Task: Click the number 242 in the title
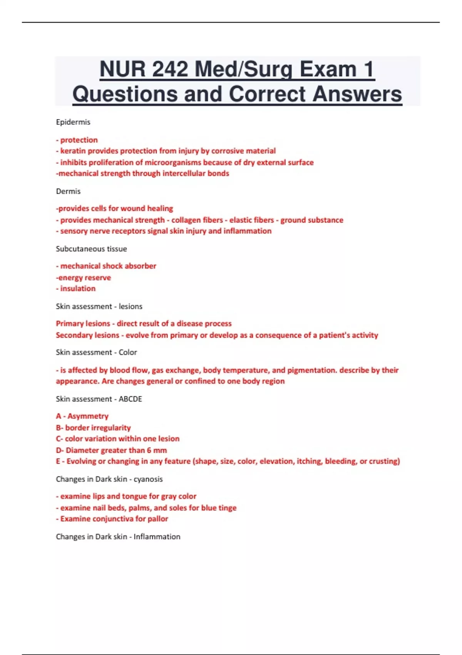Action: coord(170,70)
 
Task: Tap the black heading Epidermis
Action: coord(73,122)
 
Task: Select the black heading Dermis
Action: coord(68,191)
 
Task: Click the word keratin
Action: coord(73,151)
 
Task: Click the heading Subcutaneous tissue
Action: coord(91,249)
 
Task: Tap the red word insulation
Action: coord(78,289)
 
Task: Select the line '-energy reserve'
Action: coord(84,277)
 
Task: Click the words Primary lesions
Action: coord(83,324)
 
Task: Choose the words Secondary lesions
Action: coord(87,335)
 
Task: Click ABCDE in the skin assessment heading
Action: coord(130,399)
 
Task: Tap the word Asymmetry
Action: coord(88,416)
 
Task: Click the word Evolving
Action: coord(81,461)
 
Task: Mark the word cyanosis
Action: coord(148,479)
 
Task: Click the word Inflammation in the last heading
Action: coord(157,537)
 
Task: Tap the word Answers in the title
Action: coord(357,94)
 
